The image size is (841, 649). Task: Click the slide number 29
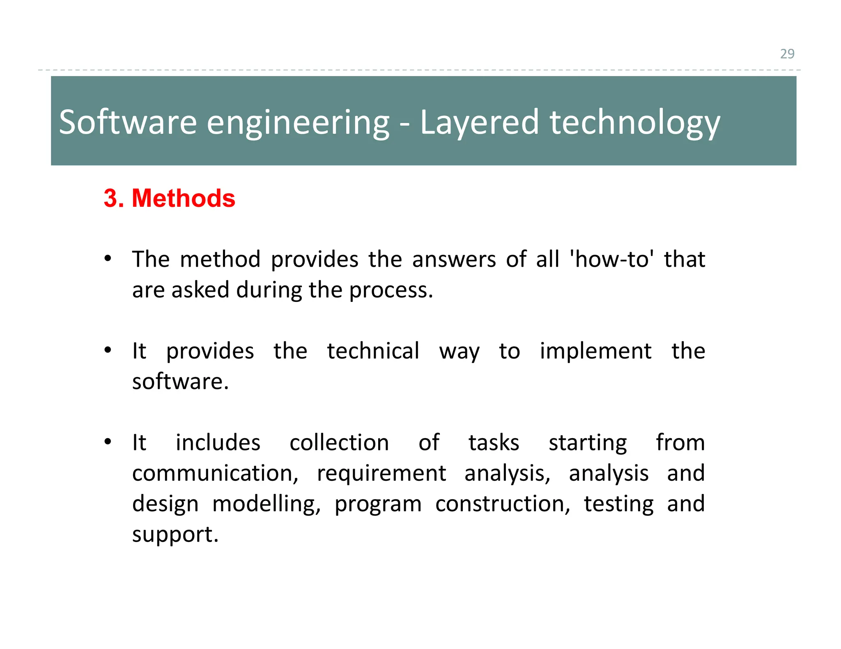(x=787, y=54)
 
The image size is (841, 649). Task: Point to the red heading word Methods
(x=183, y=198)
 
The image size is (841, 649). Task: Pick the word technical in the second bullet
(x=373, y=351)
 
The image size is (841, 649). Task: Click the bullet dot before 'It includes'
(x=108, y=442)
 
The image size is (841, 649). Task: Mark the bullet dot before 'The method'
(x=108, y=258)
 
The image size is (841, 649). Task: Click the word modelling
(x=266, y=504)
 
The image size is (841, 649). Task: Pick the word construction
(x=502, y=504)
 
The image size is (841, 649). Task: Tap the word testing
(x=618, y=504)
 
